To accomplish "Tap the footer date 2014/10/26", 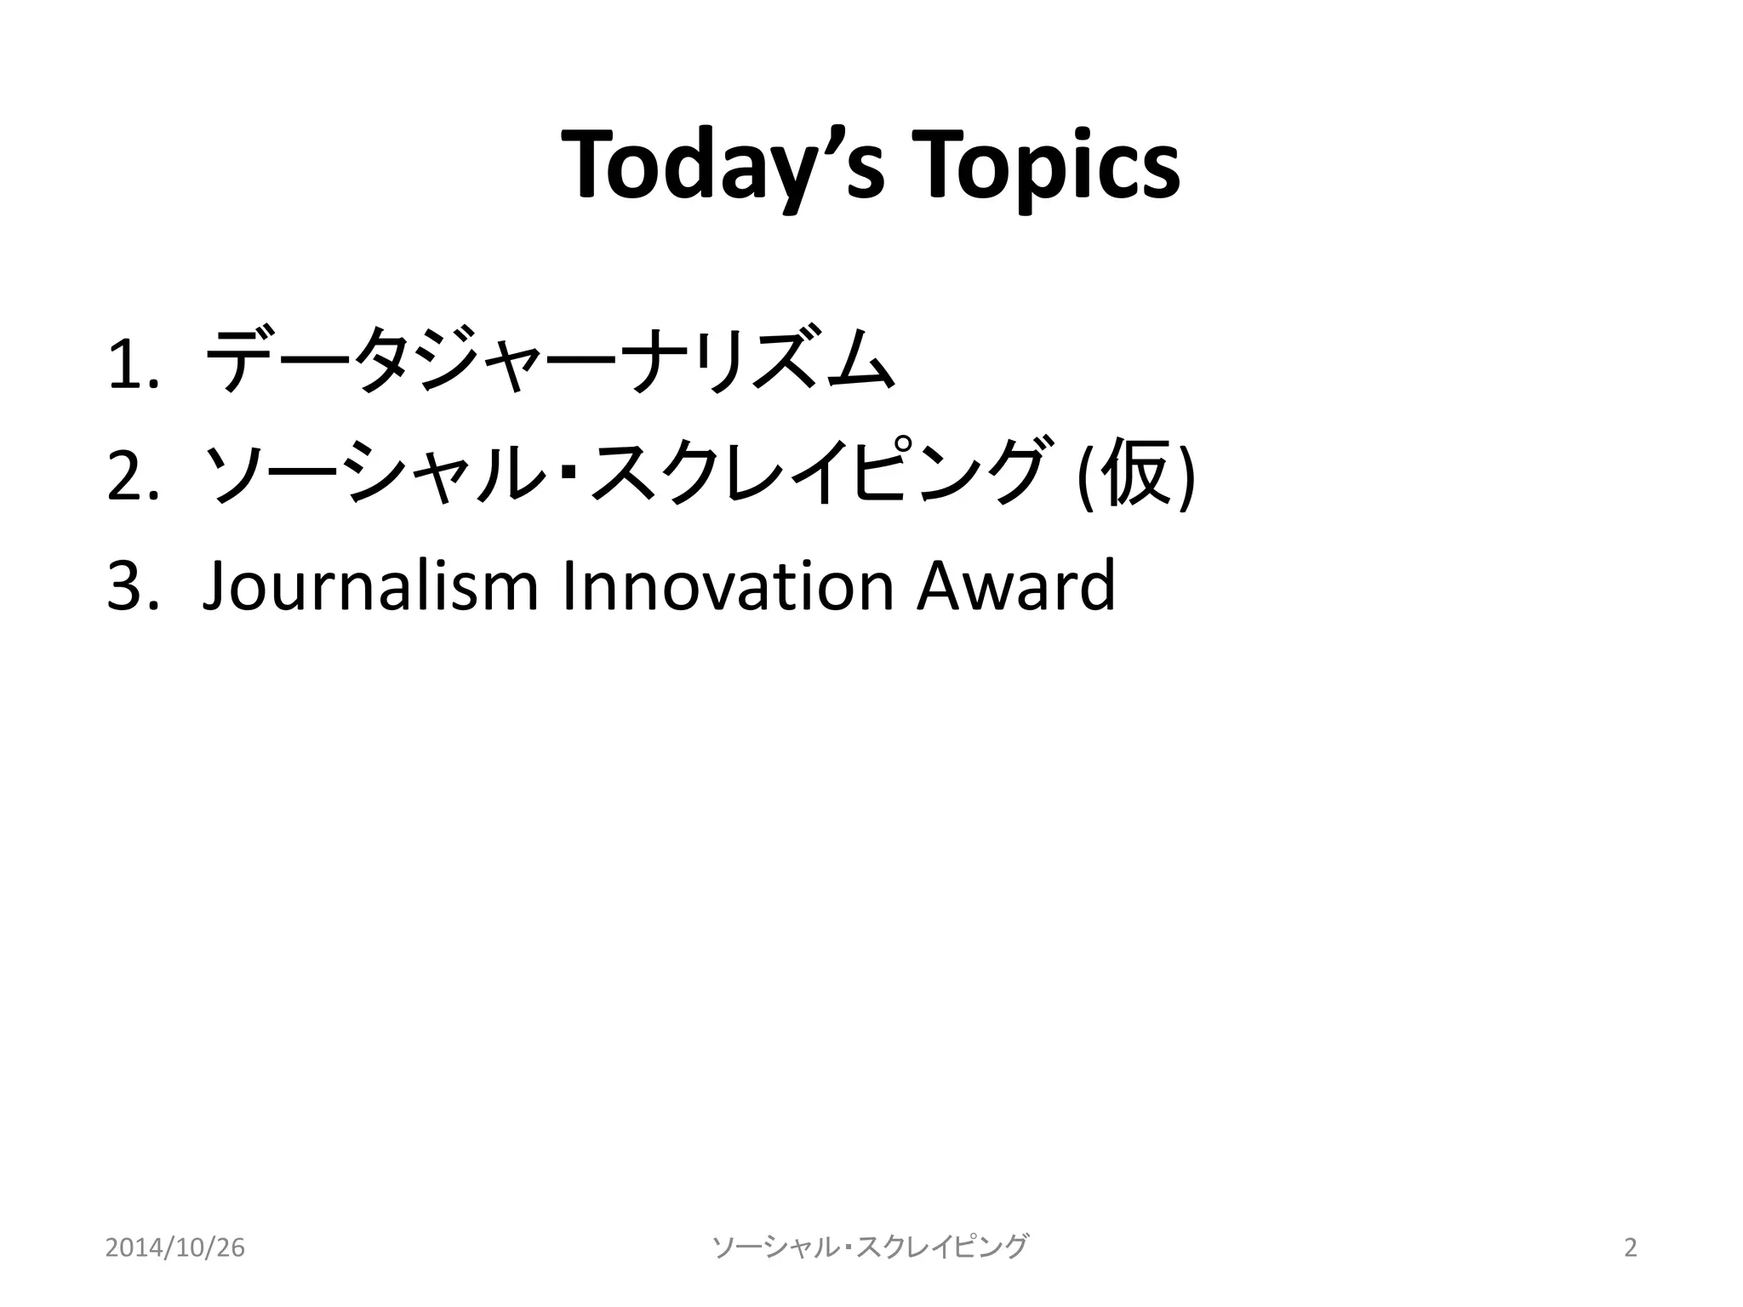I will pyautogui.click(x=175, y=1247).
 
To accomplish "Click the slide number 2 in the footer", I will pyautogui.click(x=1630, y=1247).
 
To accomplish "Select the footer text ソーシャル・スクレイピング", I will pyautogui.click(x=870, y=1247).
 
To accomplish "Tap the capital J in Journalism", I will pyautogui.click(x=218, y=587).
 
